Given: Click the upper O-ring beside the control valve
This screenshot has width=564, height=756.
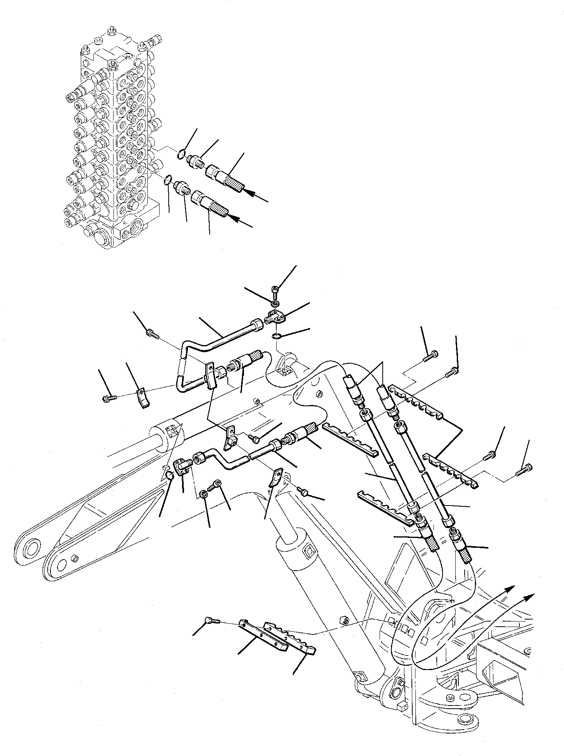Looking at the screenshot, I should (x=181, y=153).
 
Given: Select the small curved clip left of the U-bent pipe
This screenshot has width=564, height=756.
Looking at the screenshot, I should (x=144, y=398).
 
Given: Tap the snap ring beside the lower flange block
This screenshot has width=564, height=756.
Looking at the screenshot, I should (x=169, y=477).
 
